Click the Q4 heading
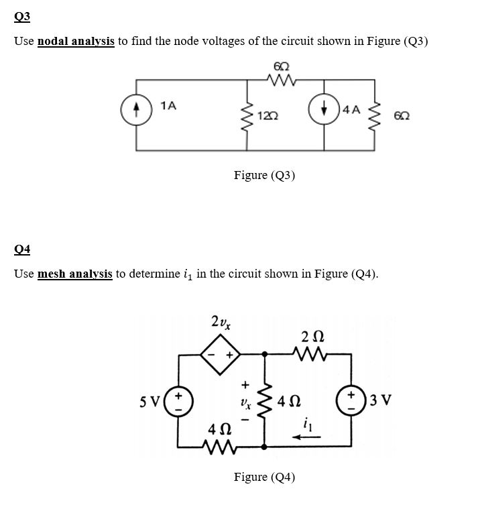tap(21, 249)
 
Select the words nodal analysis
tap(76, 42)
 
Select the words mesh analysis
tap(74, 274)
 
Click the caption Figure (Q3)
tap(264, 176)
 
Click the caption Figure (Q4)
tap(264, 478)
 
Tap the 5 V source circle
tap(179, 402)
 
